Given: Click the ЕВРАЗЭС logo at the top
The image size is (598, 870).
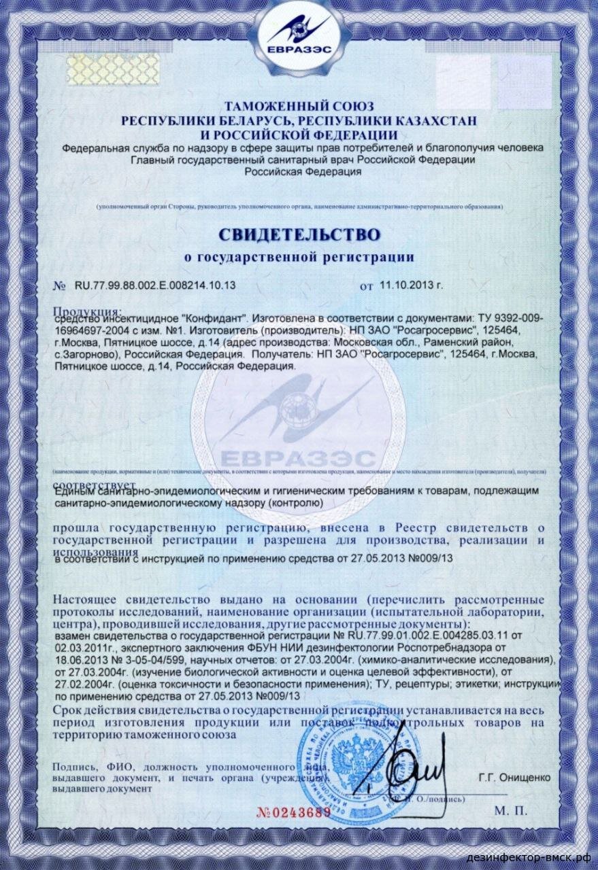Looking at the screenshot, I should (x=299, y=41).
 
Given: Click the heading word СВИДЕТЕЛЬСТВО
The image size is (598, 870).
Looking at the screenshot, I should (x=299, y=234).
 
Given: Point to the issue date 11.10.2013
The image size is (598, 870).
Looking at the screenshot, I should (x=406, y=286).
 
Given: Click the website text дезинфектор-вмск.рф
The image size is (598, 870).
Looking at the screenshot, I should (x=537, y=858).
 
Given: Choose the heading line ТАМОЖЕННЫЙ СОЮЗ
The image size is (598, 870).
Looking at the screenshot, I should (x=299, y=107).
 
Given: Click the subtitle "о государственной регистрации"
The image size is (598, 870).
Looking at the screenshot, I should (x=299, y=257).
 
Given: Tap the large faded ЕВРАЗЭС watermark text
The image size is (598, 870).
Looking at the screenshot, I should (x=299, y=456).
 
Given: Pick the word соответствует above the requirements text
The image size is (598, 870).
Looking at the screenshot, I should (x=80, y=485).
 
